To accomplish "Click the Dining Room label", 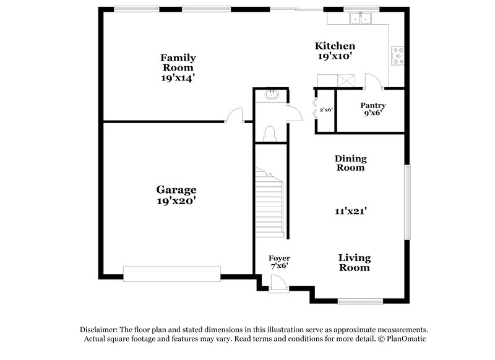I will click(350, 163).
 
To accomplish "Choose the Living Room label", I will click(354, 263).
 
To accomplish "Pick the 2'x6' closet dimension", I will click(326, 109).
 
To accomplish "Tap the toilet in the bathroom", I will click(270, 132).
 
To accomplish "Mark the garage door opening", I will click(172, 273).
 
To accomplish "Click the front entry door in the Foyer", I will click(277, 281).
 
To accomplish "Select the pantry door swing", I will click(372, 81).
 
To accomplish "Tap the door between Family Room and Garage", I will click(234, 116).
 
